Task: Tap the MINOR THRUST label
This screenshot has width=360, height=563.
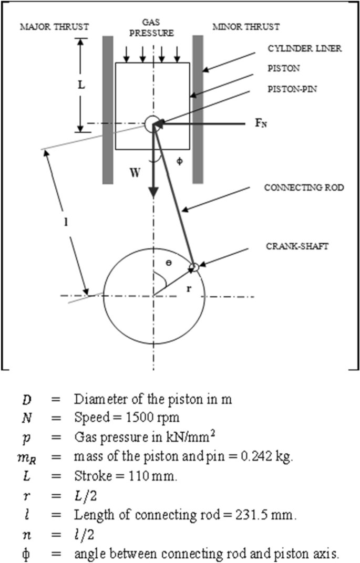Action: click(x=246, y=26)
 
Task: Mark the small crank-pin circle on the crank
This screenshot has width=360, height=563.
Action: click(x=193, y=267)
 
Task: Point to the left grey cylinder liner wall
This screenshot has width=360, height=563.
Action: click(x=108, y=109)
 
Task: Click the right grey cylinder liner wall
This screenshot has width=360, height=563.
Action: click(x=198, y=109)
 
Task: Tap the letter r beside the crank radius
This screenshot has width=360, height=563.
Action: click(x=188, y=288)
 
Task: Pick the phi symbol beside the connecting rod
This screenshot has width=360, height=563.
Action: click(x=179, y=161)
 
